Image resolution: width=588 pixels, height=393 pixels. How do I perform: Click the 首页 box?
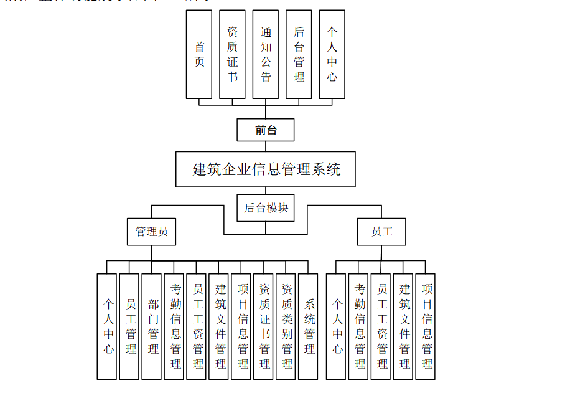coord(199,54)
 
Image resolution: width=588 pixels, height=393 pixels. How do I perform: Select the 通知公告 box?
coord(266,54)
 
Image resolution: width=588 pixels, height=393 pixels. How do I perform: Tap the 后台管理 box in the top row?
coord(299,54)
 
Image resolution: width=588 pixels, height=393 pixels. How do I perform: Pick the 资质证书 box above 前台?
coord(232,54)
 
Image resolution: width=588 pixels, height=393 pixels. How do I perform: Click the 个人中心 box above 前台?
coord(332,54)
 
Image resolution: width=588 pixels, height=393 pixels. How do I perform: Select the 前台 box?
coord(266,130)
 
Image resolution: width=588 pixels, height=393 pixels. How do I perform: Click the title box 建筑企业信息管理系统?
coord(266,169)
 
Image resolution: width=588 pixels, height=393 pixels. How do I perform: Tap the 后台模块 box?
coord(266,207)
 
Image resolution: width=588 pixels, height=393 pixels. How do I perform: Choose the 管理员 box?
coord(151,231)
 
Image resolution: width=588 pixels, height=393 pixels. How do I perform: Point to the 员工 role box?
coord(381,231)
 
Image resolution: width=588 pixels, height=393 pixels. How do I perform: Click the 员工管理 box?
coord(129,326)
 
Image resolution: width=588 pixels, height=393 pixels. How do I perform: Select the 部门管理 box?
coord(152,326)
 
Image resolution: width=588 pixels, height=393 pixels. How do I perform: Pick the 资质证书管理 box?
coord(264,326)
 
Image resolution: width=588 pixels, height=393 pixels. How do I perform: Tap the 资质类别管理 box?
coord(286,326)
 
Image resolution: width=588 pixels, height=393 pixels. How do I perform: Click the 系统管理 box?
coord(309,326)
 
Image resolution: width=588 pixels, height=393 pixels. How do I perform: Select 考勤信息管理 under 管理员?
coord(174,326)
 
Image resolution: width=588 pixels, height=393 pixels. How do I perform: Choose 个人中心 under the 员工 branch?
coord(337,326)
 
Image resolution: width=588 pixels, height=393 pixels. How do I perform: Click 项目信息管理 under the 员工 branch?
coord(426,326)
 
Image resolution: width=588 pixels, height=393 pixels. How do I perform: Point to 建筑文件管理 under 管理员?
coord(219,326)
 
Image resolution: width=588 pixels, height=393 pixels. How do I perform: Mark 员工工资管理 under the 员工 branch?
coord(381,326)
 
